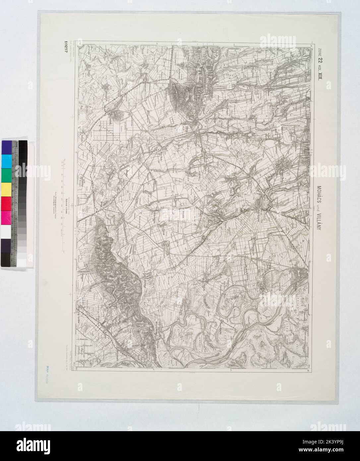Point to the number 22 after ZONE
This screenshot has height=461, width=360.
[x=320, y=61]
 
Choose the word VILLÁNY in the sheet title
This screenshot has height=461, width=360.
[x=320, y=225]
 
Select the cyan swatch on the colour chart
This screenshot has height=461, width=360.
[x=7, y=162]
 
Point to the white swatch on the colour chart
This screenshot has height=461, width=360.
[x=7, y=231]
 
